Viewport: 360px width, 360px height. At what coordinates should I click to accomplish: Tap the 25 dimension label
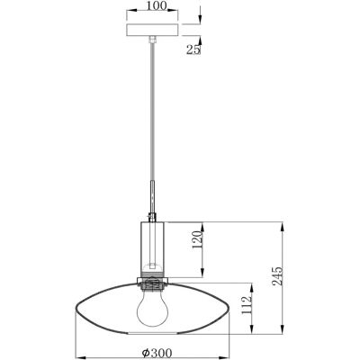193,49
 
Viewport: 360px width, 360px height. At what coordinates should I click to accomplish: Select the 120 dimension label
197,240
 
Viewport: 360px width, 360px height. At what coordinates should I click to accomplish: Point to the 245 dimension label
277,276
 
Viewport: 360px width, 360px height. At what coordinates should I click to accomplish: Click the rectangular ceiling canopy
153,30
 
